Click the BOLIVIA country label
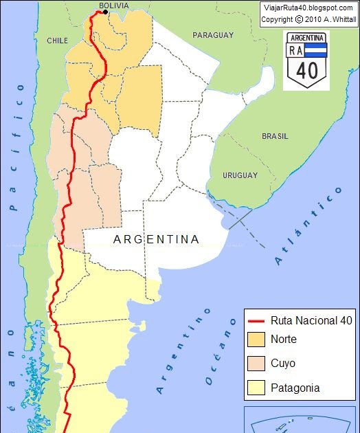[113, 5]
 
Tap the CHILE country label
[57, 41]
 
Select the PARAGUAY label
[213, 35]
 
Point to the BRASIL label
[275, 136]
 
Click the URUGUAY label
[240, 175]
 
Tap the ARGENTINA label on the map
[157, 239]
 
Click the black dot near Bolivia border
[105, 12]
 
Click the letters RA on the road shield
[296, 50]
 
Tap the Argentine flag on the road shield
[316, 50]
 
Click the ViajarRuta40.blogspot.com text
[308, 7]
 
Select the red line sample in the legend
[256, 321]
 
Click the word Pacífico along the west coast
[15, 147]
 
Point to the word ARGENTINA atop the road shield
[307, 37]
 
